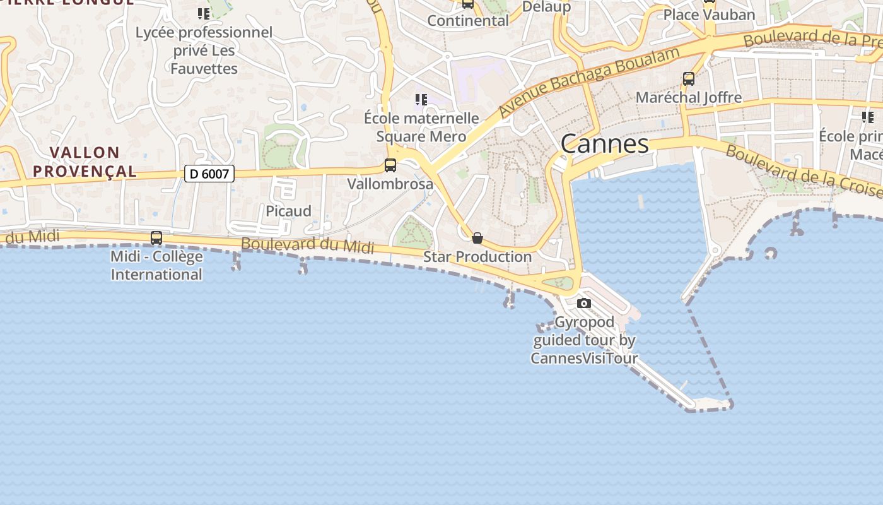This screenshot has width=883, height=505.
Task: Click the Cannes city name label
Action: (x=604, y=144)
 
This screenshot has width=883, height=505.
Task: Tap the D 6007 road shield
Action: (x=209, y=174)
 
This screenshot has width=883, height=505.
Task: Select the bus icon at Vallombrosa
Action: (x=390, y=165)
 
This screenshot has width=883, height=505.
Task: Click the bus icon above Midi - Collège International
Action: (x=156, y=238)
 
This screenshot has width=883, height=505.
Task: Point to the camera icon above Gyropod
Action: (x=584, y=304)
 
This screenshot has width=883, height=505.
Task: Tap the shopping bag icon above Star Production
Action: (x=477, y=238)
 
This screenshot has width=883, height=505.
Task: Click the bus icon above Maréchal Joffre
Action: (x=689, y=79)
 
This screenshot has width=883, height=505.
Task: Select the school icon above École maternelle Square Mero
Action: (x=421, y=100)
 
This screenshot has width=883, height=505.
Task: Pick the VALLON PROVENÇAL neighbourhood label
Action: (x=85, y=162)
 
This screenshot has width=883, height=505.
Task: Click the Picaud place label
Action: (x=288, y=211)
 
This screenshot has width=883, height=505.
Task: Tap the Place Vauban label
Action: (x=709, y=15)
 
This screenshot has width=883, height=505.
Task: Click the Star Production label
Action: (x=477, y=257)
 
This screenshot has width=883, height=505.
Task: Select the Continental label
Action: (x=468, y=21)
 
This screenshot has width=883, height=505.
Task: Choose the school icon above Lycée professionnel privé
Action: (x=204, y=13)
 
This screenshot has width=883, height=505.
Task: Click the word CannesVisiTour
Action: (x=584, y=359)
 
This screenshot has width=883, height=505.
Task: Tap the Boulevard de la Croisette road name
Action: (x=801, y=170)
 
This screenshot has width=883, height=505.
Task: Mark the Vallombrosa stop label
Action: (x=390, y=184)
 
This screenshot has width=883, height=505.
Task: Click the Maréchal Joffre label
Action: (x=689, y=98)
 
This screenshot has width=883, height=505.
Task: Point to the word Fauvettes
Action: (x=204, y=69)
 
